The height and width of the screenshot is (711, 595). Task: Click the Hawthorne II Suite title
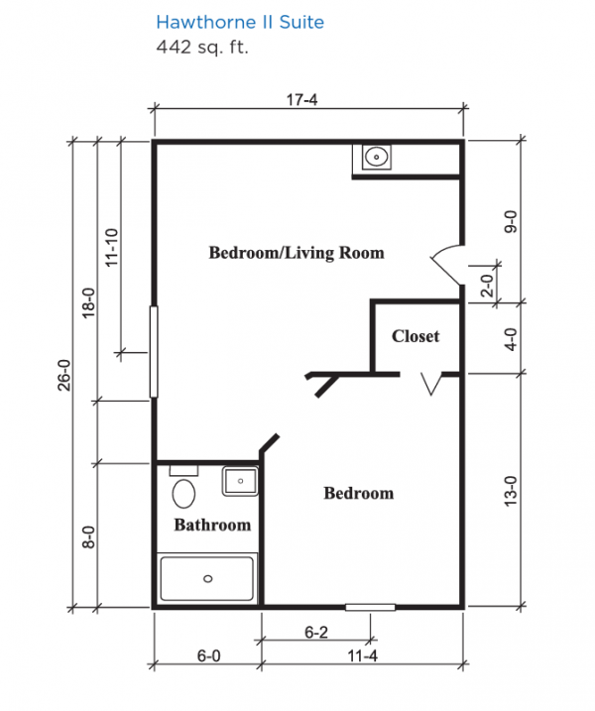point(240,22)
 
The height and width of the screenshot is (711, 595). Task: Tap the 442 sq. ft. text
point(202,47)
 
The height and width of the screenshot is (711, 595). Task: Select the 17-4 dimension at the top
point(302,99)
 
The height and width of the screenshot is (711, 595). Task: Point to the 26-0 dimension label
point(64,375)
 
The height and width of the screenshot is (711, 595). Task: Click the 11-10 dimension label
point(111,247)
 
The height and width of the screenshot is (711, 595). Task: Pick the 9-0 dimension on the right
point(511,222)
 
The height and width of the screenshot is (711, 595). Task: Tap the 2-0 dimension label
point(487,286)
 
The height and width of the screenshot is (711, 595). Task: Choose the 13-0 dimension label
point(511,491)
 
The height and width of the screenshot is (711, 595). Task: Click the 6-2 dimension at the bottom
point(316,632)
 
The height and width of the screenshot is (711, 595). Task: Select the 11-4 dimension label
point(362,655)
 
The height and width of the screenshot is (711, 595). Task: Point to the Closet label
point(416,336)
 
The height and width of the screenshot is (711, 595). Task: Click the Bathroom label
point(212,525)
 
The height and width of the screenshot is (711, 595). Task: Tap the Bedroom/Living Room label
point(297,253)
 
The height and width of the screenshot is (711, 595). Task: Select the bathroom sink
point(240,481)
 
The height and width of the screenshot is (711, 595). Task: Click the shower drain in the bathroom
point(208,578)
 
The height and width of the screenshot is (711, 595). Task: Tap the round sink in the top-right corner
point(377,158)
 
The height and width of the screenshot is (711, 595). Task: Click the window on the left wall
point(154,352)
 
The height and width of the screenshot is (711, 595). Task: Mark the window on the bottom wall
point(371,607)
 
